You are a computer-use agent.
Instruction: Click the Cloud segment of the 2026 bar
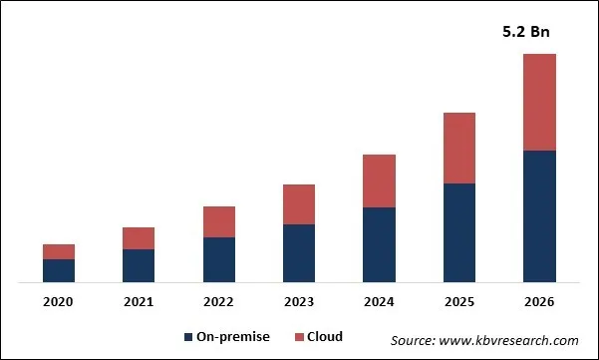pos(539,102)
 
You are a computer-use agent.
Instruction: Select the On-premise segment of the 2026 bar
pos(539,216)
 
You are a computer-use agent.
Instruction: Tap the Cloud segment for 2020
pos(59,251)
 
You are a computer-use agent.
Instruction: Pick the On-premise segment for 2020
pos(59,271)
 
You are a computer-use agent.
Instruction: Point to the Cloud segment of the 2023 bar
pos(299,204)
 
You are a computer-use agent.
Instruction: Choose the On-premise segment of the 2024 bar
pos(379,245)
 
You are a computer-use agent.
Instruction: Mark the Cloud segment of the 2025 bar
pos(459,148)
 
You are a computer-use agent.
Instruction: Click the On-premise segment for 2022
pos(219,260)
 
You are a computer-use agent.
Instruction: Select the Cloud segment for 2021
pos(139,238)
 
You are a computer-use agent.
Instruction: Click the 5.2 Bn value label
pos(524,32)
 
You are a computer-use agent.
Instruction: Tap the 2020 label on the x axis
pos(59,301)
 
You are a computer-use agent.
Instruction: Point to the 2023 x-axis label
pos(299,301)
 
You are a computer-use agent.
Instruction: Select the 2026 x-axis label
pos(539,301)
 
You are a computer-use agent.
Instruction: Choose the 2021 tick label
pos(139,301)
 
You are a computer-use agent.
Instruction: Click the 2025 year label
pos(459,301)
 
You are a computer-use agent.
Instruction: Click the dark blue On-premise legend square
pos(189,338)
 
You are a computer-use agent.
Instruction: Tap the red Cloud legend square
pos(295,338)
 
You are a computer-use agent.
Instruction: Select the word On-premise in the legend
pos(234,337)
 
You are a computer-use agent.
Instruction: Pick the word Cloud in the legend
pos(324,337)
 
